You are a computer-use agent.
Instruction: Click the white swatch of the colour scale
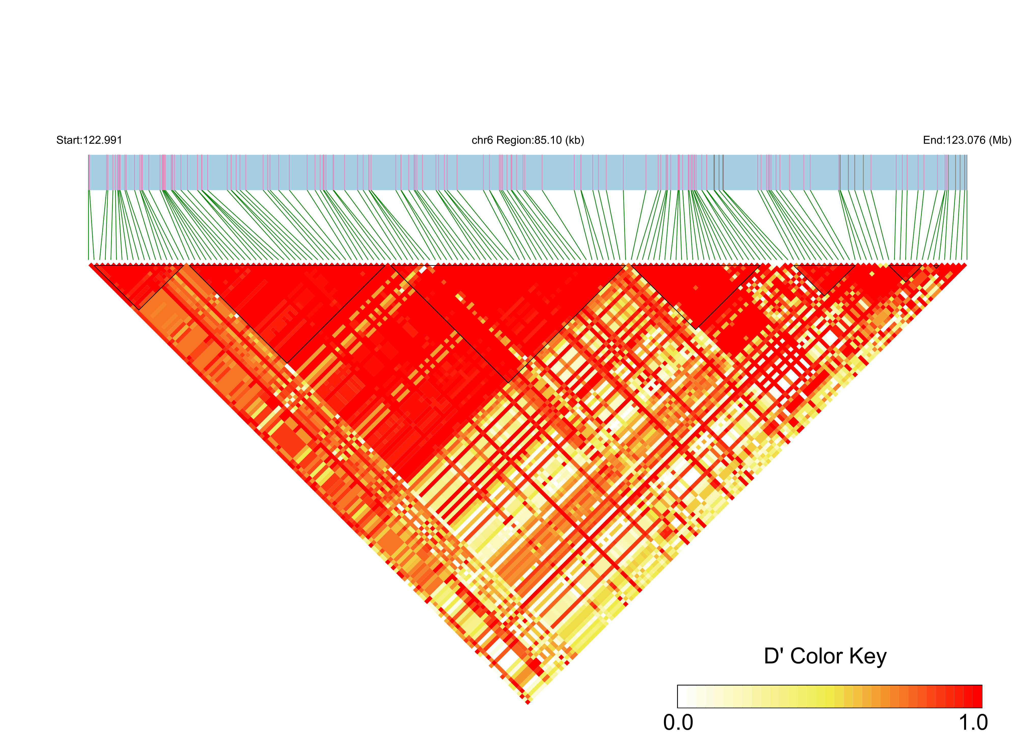coord(682,696)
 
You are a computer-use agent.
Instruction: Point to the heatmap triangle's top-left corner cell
coord(91,265)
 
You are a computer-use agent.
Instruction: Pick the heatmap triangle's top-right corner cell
coord(964,265)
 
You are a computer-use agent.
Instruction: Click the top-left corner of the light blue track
coord(89,155)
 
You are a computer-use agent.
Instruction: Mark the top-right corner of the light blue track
coord(967,155)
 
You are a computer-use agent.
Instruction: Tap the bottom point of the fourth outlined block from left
coord(697,329)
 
